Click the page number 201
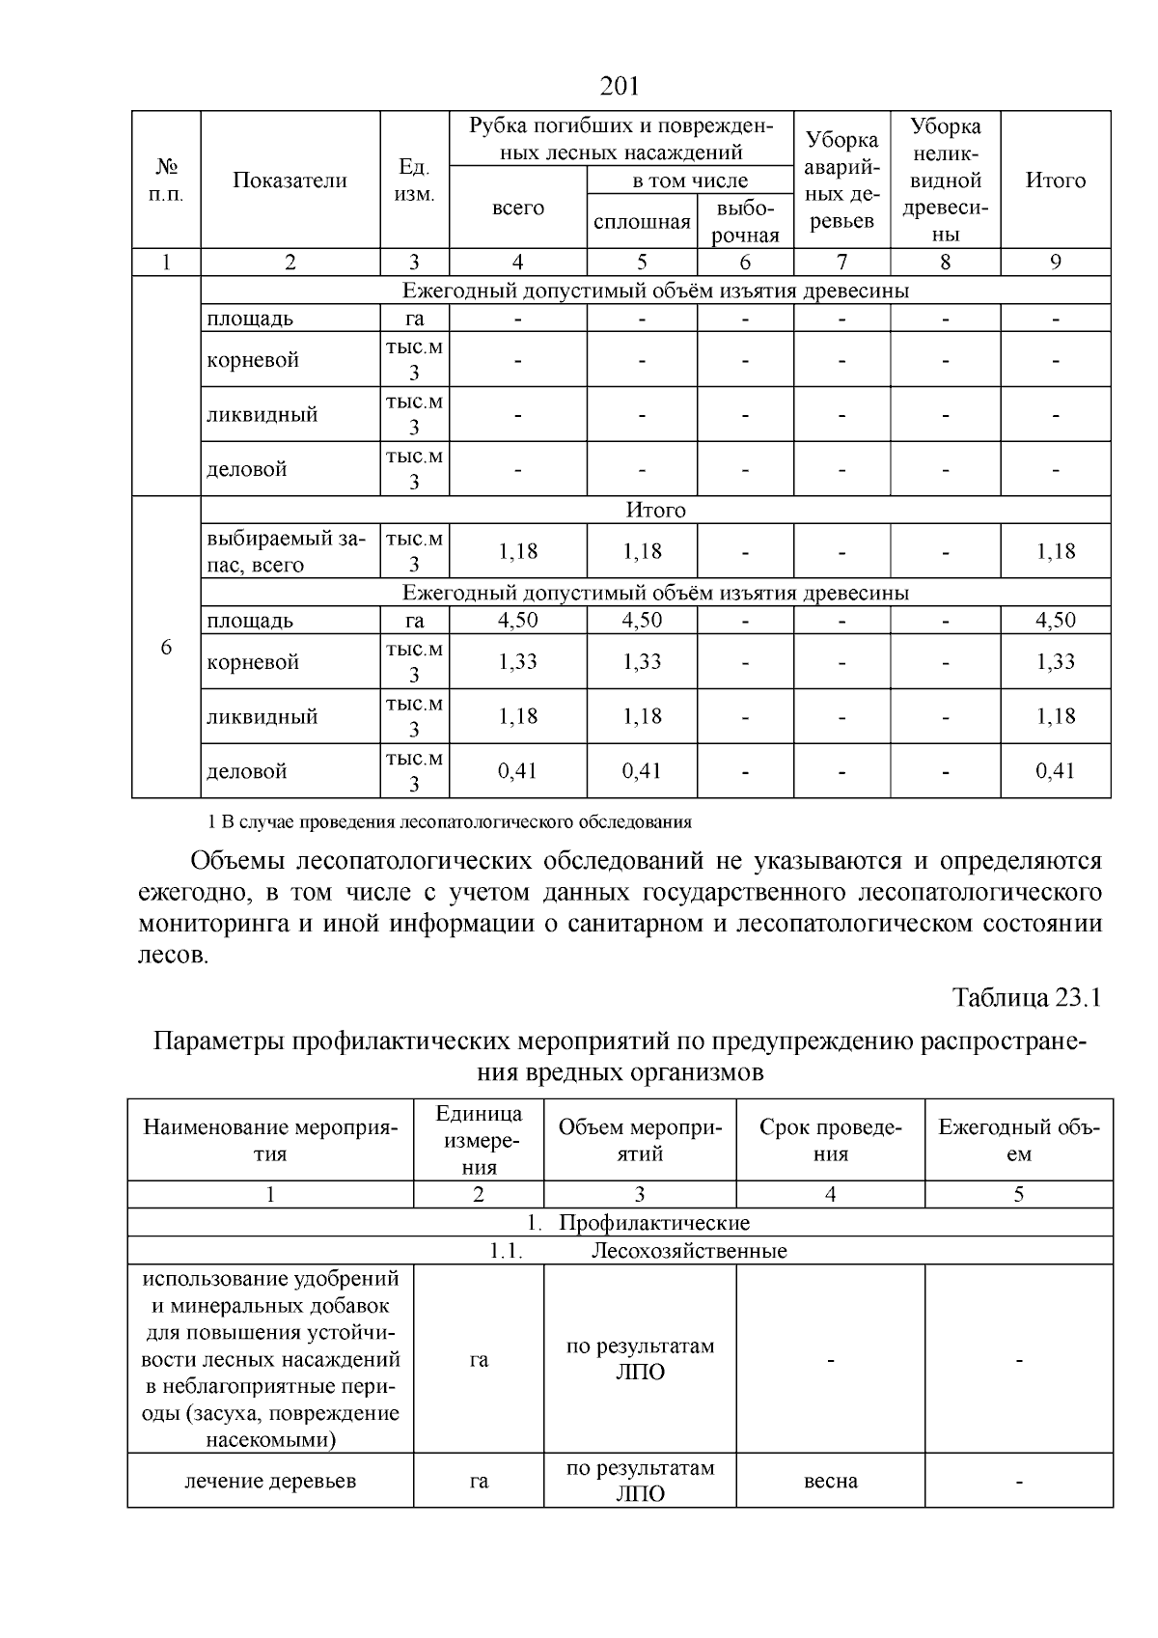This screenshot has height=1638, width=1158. [x=620, y=87]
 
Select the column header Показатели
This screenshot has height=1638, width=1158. [x=289, y=180]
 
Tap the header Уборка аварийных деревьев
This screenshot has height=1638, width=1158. [x=841, y=180]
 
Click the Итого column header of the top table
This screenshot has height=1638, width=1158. [x=1055, y=180]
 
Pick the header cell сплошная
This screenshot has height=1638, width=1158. [x=642, y=222]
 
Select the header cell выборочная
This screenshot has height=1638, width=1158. [x=745, y=222]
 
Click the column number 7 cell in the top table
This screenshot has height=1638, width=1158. [x=841, y=262]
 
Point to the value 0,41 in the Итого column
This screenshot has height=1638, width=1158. [x=1055, y=771]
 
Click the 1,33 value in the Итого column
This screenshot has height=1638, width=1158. [x=1055, y=661]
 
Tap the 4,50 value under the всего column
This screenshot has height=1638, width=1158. [x=518, y=621]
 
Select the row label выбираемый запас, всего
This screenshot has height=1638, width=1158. [x=286, y=551]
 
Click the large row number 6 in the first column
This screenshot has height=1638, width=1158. [x=166, y=647]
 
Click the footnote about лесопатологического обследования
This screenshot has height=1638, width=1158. [x=450, y=822]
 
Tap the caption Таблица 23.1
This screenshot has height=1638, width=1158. [x=1027, y=997]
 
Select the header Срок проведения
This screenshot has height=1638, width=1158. [x=830, y=1140]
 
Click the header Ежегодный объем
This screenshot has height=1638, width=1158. [x=1018, y=1140]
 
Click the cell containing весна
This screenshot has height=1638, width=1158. [x=830, y=1481]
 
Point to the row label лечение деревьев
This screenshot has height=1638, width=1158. [x=270, y=1481]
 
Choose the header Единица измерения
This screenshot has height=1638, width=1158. [x=479, y=1140]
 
